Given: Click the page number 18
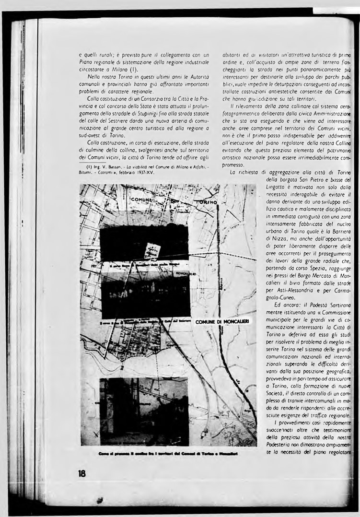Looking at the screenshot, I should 82,473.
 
